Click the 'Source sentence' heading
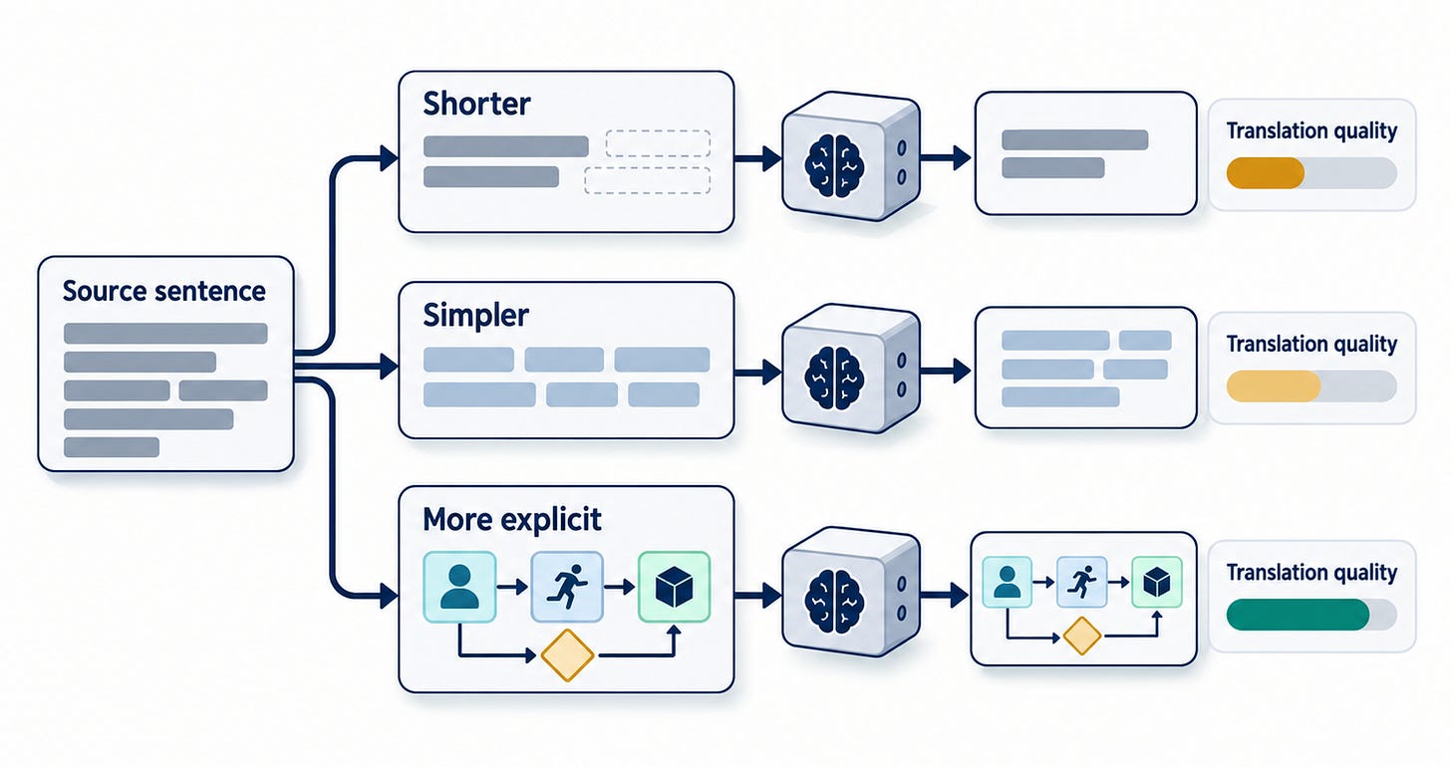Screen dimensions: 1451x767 point(163,291)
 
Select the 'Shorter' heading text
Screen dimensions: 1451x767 point(476,104)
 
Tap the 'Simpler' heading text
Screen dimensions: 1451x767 point(476,317)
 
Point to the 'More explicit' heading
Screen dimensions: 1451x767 point(512,519)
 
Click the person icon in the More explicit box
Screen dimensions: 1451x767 point(459,587)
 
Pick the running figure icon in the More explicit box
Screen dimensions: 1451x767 point(567,587)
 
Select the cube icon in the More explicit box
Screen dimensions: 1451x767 point(675,587)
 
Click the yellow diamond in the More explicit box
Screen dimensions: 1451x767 point(567,655)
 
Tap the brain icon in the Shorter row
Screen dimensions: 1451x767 point(834,165)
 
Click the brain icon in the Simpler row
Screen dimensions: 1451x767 point(834,378)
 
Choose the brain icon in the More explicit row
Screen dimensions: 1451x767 point(834,602)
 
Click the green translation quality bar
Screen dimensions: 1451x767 point(1298,615)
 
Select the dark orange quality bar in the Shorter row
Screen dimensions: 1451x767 point(1265,172)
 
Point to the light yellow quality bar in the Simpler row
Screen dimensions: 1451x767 point(1274,385)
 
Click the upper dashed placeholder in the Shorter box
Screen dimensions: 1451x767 point(658,143)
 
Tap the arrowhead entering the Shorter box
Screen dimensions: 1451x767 point(390,158)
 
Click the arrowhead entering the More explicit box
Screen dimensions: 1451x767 point(390,596)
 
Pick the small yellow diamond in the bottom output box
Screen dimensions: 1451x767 point(1082,636)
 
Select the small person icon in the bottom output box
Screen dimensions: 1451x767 point(1007,582)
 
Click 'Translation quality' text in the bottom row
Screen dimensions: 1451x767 point(1311,573)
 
